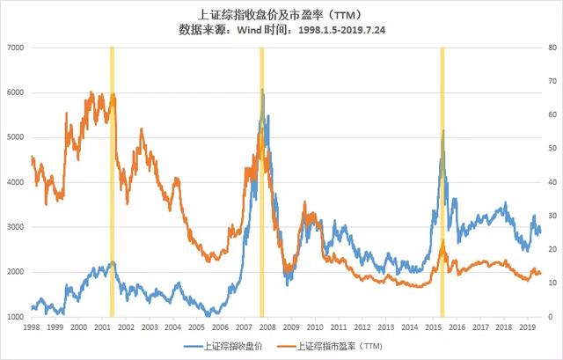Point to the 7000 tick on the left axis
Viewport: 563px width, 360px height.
click(x=16, y=47)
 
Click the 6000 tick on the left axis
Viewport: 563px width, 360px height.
click(x=16, y=92)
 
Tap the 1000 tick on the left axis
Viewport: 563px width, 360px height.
click(x=16, y=316)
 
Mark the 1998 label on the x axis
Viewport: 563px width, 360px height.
click(x=31, y=327)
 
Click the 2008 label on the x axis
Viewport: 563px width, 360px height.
click(x=267, y=327)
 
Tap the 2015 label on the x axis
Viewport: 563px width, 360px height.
click(x=434, y=327)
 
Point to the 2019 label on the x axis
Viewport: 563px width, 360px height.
click(x=528, y=327)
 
